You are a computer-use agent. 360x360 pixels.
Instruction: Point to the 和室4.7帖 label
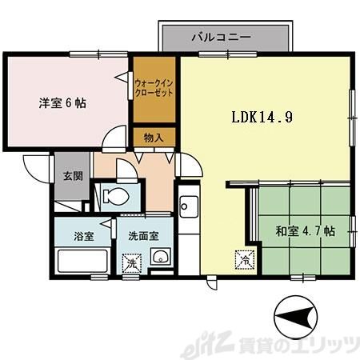pyautogui.click(x=306, y=231)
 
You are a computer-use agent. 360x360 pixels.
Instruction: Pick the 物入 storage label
pyautogui.click(x=154, y=138)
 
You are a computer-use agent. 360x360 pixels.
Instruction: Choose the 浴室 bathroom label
pyautogui.click(x=84, y=236)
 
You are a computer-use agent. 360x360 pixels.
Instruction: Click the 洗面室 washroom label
pyautogui.click(x=143, y=236)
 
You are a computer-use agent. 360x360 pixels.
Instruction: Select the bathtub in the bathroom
pyautogui.click(x=82, y=262)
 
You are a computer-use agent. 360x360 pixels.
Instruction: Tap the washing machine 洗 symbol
pyautogui.click(x=130, y=262)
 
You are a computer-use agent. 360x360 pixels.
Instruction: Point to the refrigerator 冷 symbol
pyautogui.click(x=242, y=259)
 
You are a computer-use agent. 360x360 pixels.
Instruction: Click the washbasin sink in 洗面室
pyautogui.click(x=160, y=257)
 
